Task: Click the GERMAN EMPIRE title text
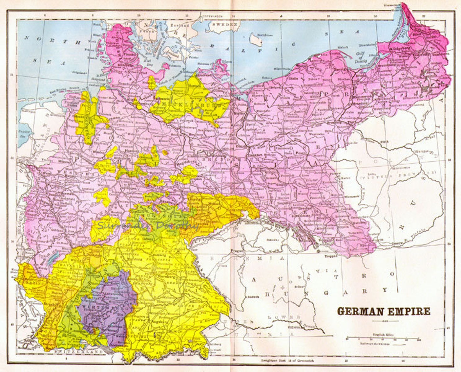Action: point(383,311)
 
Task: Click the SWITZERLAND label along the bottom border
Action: point(79,352)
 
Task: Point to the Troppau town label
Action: point(331,256)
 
